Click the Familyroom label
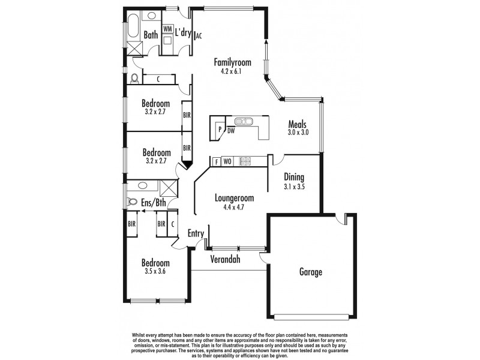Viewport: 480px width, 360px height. [x=232, y=62]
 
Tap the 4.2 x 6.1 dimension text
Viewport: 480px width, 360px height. [x=232, y=72]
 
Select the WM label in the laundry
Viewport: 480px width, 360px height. [x=167, y=28]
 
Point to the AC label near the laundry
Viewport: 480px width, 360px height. [x=199, y=35]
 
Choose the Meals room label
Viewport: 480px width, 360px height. [x=298, y=124]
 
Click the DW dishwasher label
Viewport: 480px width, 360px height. [x=231, y=130]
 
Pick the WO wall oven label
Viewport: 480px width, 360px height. [x=227, y=161]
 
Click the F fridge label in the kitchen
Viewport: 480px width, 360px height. [x=216, y=161]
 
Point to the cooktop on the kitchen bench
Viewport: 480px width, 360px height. [x=245, y=161]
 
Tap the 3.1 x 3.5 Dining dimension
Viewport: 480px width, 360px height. [x=294, y=187]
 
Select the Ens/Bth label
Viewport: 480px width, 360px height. [x=154, y=203]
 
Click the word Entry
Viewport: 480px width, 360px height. [x=196, y=233]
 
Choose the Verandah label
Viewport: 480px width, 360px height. [x=225, y=260]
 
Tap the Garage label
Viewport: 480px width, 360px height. [x=311, y=272]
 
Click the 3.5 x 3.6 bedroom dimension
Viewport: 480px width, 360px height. [x=155, y=272]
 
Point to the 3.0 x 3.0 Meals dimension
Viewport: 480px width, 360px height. [x=298, y=133]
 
